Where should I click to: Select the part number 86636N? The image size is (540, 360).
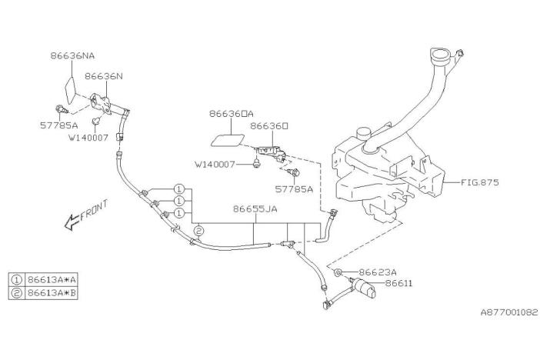[x=103, y=77]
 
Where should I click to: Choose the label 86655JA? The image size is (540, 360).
[x=255, y=208]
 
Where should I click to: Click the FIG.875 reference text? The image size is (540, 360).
[x=482, y=183]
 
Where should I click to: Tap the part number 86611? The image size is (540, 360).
[x=399, y=284]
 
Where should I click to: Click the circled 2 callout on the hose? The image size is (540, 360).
[x=198, y=230]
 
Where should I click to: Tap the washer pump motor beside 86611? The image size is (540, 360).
[x=364, y=289]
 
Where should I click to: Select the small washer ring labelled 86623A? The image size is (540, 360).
[x=339, y=273]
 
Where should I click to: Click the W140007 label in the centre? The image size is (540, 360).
[x=216, y=164]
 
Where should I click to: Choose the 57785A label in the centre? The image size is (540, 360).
[x=295, y=188]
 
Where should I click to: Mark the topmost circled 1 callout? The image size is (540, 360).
[x=178, y=188]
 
